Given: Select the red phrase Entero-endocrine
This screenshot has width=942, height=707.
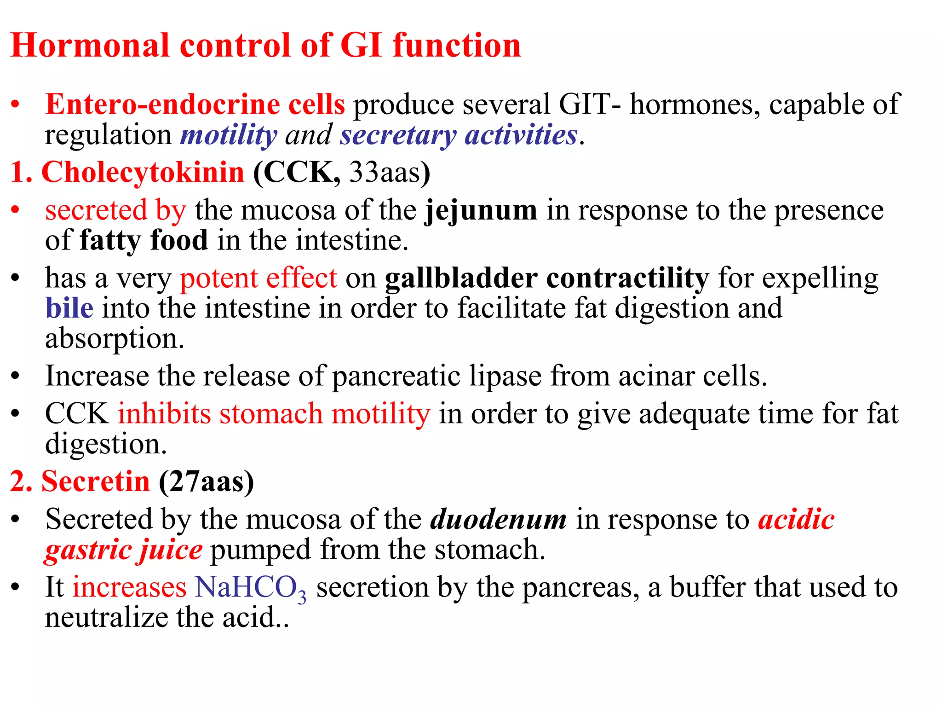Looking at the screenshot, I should pos(162,104).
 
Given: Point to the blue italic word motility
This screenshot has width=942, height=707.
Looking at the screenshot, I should pos(229,135).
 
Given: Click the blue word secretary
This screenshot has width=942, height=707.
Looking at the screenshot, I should pos(398,135).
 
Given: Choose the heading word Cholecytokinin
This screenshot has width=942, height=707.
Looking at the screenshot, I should pos(143,173).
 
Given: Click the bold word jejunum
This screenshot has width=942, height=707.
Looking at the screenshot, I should pos(481,211).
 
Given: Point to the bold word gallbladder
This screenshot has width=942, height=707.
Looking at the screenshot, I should pos(461,278).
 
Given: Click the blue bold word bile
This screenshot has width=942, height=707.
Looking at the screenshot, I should pos(69,308).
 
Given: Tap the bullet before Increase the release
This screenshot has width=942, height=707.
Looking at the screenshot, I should pos(16,376).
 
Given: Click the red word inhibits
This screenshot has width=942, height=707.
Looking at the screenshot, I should pos(164,414).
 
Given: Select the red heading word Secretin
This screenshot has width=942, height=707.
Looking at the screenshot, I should pos(96,482).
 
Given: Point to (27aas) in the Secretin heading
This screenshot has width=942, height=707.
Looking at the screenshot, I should pos(207,482).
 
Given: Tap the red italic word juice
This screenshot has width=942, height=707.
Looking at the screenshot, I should pos(171,550).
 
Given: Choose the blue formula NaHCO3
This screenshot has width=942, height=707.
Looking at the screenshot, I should pos(250,588).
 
